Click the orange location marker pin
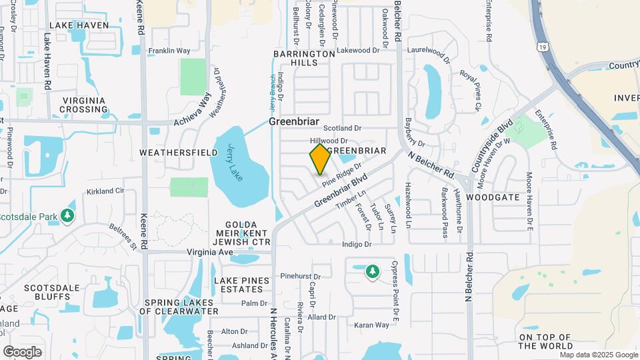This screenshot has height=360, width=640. click(320, 159)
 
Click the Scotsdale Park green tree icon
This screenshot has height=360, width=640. click(67, 216)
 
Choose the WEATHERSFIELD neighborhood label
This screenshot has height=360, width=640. click(179, 153)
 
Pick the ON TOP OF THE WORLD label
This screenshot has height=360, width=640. click(545, 341)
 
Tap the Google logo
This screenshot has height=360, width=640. click(22, 352)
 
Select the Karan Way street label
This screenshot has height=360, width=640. click(371, 325)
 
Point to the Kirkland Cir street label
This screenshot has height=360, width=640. click(105, 191)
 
